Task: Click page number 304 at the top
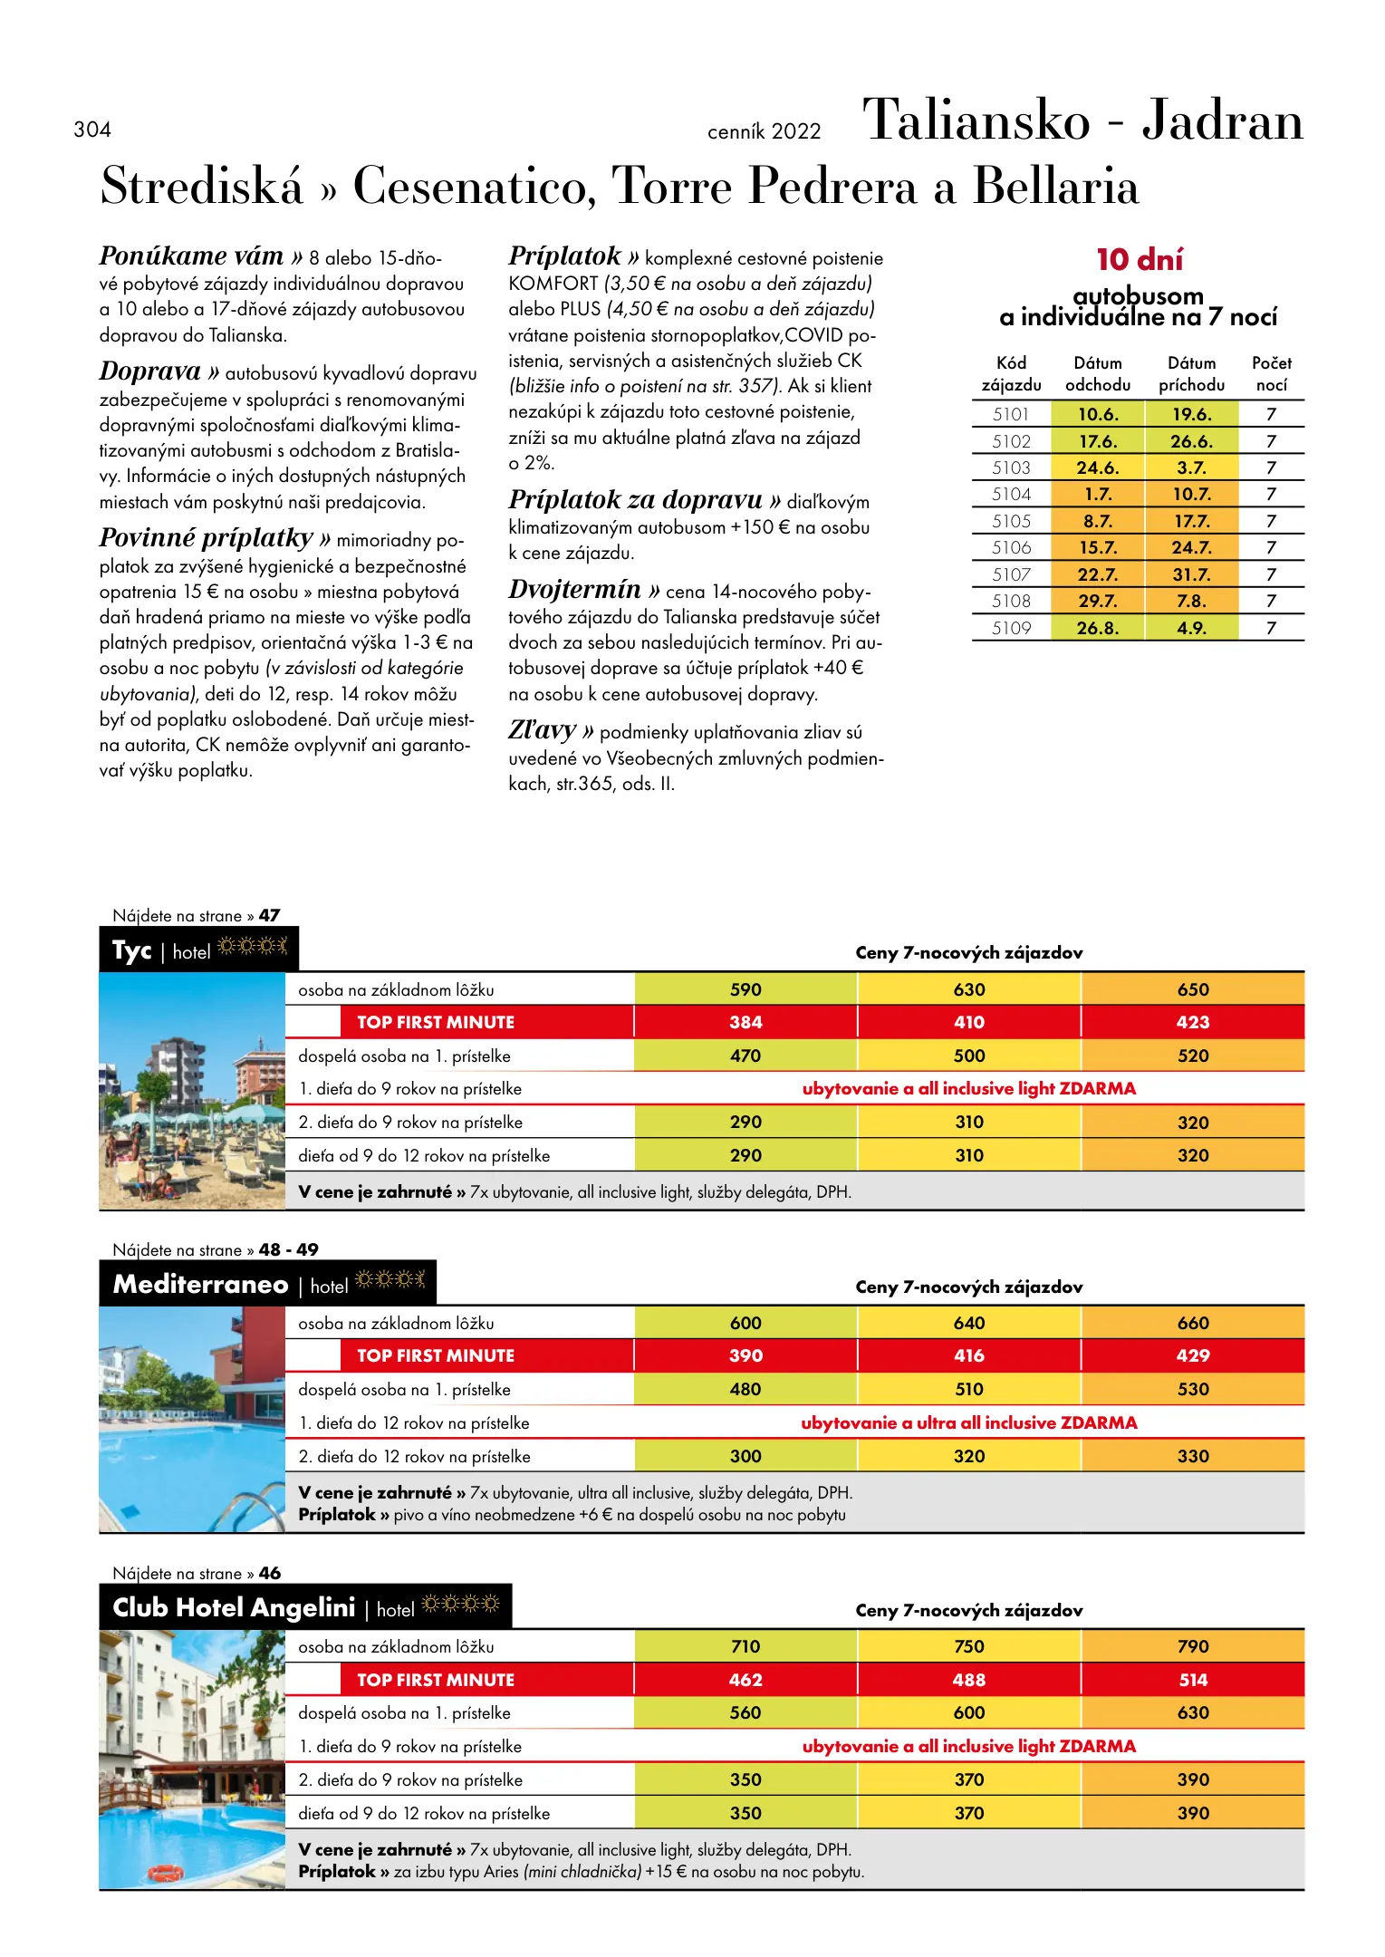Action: click(x=92, y=130)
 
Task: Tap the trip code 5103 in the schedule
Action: click(x=1011, y=468)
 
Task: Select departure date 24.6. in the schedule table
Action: click(x=1097, y=468)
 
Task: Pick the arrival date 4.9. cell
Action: click(x=1191, y=628)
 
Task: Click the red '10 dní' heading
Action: click(x=1140, y=260)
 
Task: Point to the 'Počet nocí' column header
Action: click(x=1271, y=373)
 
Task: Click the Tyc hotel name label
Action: click(x=132, y=950)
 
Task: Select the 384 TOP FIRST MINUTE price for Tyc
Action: click(x=745, y=1022)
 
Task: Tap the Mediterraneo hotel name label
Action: click(x=200, y=1284)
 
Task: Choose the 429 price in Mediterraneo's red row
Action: click(x=1193, y=1355)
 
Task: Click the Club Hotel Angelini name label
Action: click(x=234, y=1607)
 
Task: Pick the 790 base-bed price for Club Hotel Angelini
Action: click(x=1193, y=1646)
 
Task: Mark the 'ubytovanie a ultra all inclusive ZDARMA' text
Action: click(x=968, y=1422)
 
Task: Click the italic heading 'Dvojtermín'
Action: click(x=575, y=590)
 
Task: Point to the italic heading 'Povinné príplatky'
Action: click(x=207, y=538)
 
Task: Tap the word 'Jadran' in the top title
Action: click(x=1222, y=121)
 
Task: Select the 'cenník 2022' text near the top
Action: click(x=764, y=131)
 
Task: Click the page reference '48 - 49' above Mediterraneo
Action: click(x=288, y=1249)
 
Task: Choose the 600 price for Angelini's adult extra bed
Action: click(x=968, y=1712)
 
